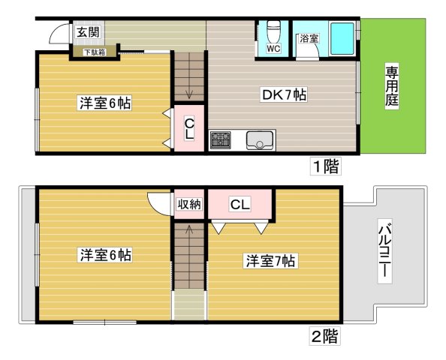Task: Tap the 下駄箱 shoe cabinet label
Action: [x=94, y=52]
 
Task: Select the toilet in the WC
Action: [x=273, y=33]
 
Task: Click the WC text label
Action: [x=273, y=49]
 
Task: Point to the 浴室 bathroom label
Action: [x=309, y=38]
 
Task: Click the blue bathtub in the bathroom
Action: [x=342, y=37]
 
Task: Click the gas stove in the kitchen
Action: [x=221, y=139]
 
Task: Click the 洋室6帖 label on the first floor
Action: [x=104, y=103]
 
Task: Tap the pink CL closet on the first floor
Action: [x=189, y=130]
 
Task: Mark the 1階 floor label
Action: [x=326, y=166]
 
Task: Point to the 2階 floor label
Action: [x=324, y=336]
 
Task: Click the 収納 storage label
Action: [x=188, y=205]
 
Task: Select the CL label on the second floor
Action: [x=240, y=204]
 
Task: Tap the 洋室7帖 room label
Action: [x=270, y=261]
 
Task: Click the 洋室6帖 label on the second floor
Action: [x=105, y=256]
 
